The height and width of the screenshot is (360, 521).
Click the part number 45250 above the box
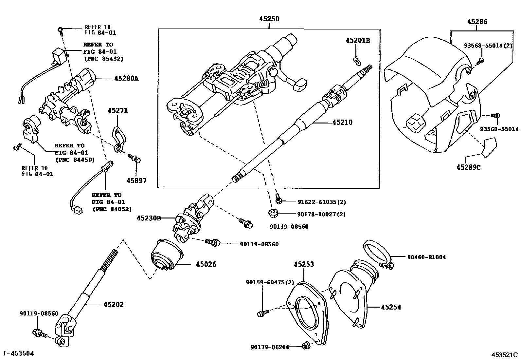click(x=269, y=19)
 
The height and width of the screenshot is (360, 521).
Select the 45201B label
click(x=358, y=41)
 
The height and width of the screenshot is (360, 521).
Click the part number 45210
click(x=342, y=123)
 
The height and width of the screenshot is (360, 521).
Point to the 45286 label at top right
click(x=477, y=22)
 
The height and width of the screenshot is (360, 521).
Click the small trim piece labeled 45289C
click(x=489, y=146)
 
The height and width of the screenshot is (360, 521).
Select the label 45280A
click(x=126, y=79)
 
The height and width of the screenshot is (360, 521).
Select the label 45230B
click(x=149, y=218)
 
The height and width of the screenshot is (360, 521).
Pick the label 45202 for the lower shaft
click(x=114, y=304)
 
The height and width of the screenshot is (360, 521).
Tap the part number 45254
click(x=391, y=307)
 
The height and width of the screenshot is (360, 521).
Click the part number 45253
click(x=304, y=264)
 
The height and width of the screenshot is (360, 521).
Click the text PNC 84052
click(x=112, y=209)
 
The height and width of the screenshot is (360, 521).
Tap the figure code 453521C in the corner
click(x=504, y=354)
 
